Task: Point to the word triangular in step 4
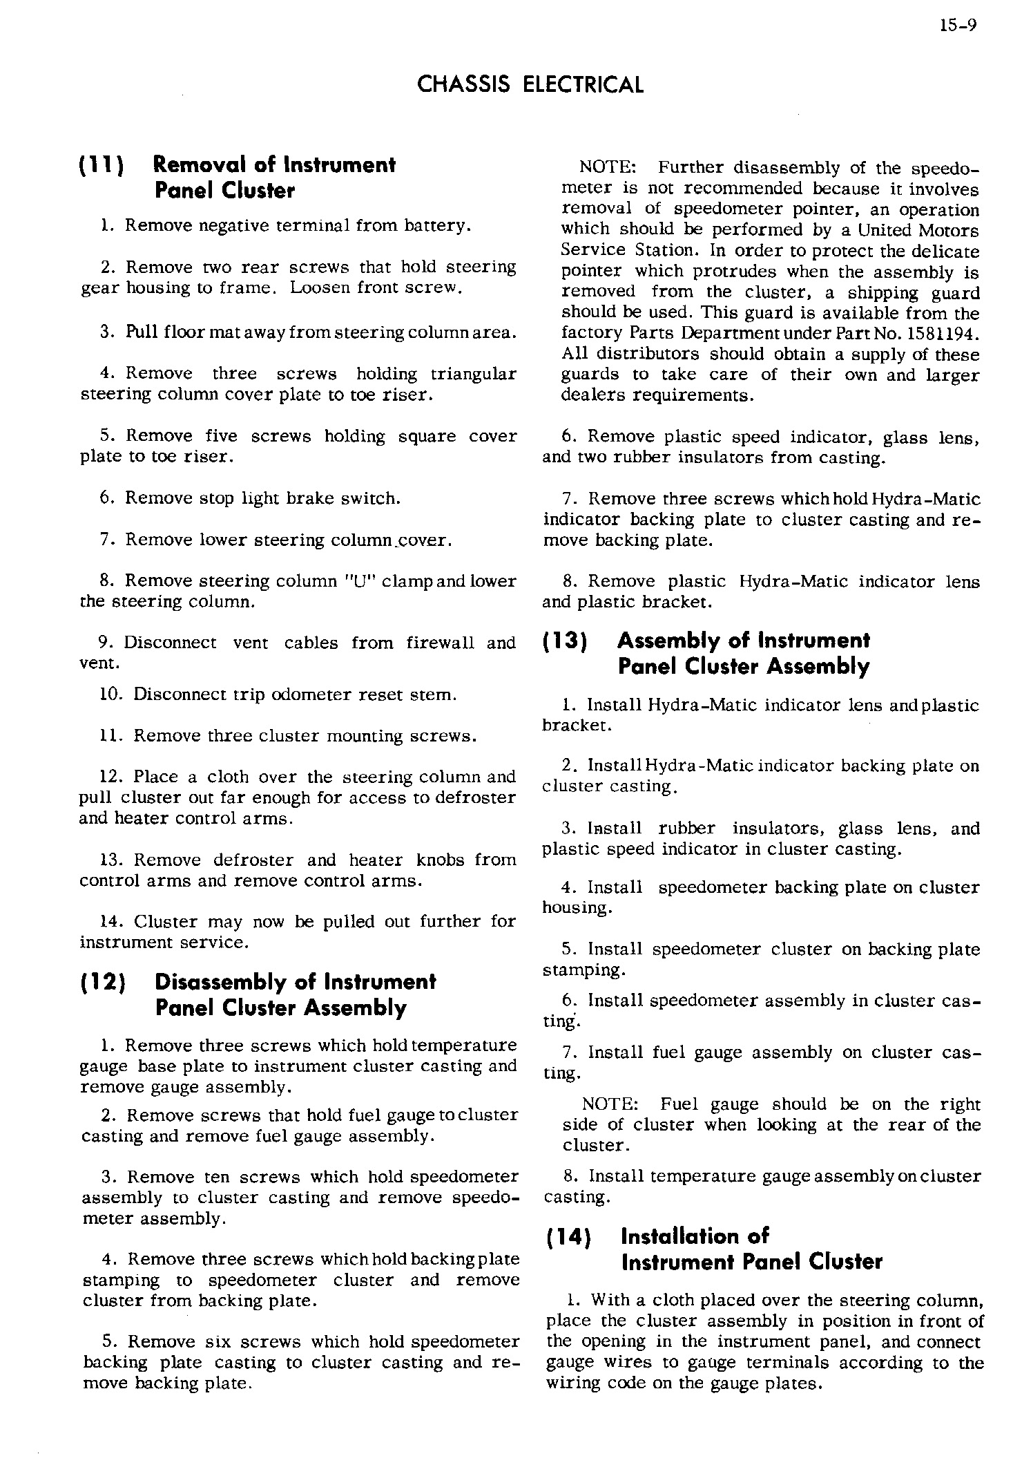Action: (473, 374)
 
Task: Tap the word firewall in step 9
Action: (440, 643)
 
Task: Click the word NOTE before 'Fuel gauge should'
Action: (610, 1104)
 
